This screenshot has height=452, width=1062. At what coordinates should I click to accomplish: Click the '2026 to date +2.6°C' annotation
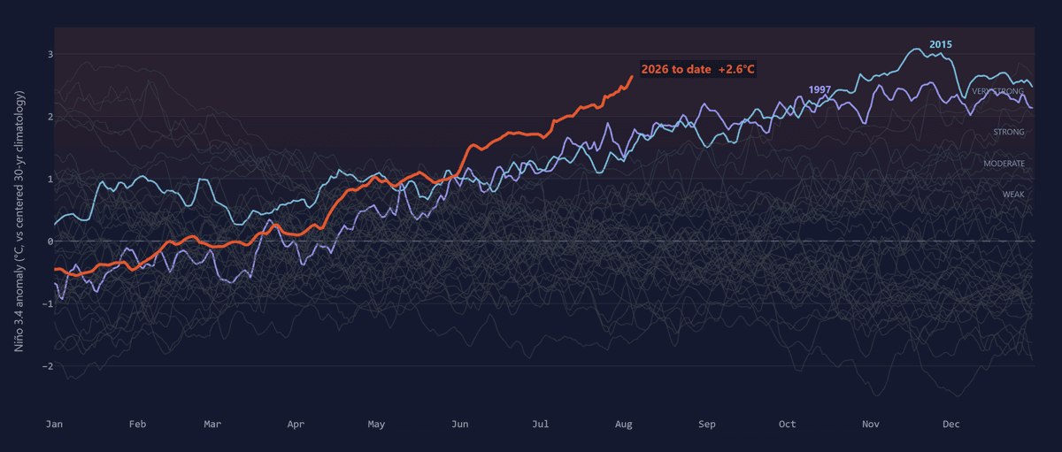click(x=697, y=69)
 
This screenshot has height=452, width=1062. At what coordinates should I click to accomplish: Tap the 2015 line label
click(x=941, y=44)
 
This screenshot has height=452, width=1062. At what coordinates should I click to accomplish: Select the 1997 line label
click(x=820, y=89)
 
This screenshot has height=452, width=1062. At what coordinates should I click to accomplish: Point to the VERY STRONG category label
click(x=998, y=91)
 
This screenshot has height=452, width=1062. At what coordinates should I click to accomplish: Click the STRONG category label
click(x=1009, y=132)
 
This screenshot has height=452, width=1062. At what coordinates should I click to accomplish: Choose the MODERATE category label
click(x=1004, y=164)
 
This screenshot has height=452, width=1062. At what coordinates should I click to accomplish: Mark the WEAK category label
click(x=1013, y=195)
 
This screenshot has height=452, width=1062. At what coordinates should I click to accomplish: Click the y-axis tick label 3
click(x=50, y=55)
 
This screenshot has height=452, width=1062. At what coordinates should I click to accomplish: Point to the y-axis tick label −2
click(x=48, y=366)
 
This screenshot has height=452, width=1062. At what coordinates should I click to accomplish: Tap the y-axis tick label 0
click(x=50, y=241)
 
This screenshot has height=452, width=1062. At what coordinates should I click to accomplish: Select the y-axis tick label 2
click(x=50, y=117)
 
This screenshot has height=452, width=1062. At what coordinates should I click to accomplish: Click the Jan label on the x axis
click(x=55, y=424)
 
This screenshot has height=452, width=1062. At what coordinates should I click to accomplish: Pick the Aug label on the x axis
click(x=623, y=424)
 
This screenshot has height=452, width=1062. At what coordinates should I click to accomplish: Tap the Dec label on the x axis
click(x=951, y=424)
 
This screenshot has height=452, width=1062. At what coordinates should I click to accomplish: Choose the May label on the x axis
click(x=376, y=424)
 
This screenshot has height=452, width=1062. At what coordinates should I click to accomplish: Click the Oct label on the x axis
click(x=788, y=424)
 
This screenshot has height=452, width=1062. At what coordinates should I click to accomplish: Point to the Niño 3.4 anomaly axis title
click(x=19, y=221)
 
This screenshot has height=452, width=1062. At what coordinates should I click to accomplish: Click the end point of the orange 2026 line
click(x=632, y=76)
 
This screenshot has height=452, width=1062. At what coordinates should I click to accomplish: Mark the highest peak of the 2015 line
click(x=915, y=49)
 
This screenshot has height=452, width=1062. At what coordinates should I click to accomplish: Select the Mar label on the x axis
click(x=212, y=424)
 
